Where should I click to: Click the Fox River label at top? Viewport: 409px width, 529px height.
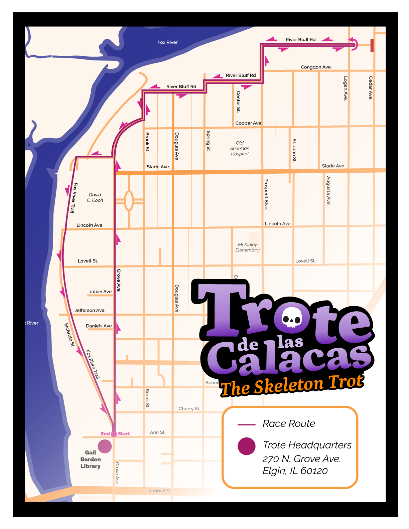pyautogui.click(x=167, y=42)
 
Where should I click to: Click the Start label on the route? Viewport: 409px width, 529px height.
pyautogui.click(x=124, y=434)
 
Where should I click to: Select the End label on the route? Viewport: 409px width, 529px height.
pyautogui.click(x=105, y=434)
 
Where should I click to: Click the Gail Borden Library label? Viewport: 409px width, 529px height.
pyautogui.click(x=91, y=460)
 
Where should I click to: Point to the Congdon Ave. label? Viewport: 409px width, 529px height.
pyautogui.click(x=316, y=67)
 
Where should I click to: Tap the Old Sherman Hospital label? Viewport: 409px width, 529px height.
pyautogui.click(x=240, y=148)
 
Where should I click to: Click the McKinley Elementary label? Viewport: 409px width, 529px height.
pyautogui.click(x=247, y=247)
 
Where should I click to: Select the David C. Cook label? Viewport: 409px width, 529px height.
pyautogui.click(x=95, y=198)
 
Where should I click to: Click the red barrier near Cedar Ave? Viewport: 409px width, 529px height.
pyautogui.click(x=372, y=45)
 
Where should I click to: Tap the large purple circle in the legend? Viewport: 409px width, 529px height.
pyautogui.click(x=247, y=446)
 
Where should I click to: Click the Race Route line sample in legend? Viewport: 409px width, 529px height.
pyautogui.click(x=247, y=425)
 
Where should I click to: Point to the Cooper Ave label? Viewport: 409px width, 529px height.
pyautogui.click(x=248, y=123)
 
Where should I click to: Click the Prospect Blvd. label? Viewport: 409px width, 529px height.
pyautogui.click(x=266, y=194)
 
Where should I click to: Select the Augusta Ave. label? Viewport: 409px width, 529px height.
pyautogui.click(x=328, y=191)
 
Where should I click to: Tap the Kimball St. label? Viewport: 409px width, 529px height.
pyautogui.click(x=160, y=491)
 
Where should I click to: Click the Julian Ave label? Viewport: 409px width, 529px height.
pyautogui.click(x=100, y=292)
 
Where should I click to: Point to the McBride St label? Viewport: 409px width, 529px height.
pyautogui.click(x=70, y=335)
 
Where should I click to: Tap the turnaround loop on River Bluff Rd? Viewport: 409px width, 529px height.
pyautogui.click(x=354, y=44)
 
